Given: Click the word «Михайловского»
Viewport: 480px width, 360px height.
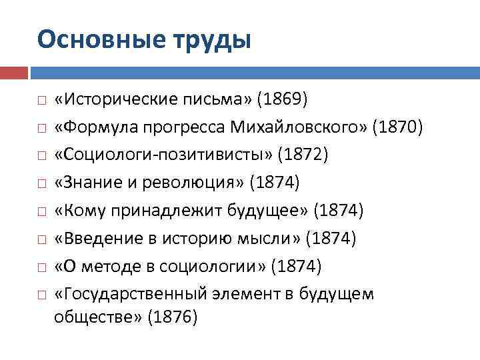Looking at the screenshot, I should pos(296,127).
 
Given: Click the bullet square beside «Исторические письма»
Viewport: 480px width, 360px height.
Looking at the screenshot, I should pos(41,101).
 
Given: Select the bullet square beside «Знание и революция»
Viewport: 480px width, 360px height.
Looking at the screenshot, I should pos(41,183).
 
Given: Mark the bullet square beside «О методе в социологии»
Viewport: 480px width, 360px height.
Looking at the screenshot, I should pos(41,267).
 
